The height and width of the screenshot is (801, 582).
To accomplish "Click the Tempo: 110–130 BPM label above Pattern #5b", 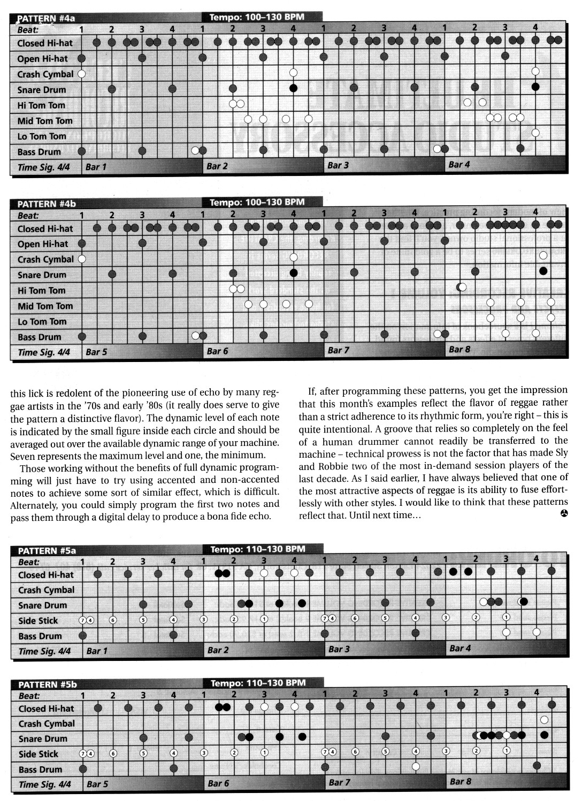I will pyautogui.click(x=258, y=682).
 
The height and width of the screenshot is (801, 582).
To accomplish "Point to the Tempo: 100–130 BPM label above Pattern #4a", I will pyautogui.click(x=257, y=17).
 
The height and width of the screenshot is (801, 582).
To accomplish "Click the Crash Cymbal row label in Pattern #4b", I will pyautogui.click(x=45, y=259).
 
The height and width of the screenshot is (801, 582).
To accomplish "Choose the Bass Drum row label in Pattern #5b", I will pyautogui.click(x=40, y=769).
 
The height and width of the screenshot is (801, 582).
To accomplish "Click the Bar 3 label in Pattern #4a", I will pyautogui.click(x=338, y=165).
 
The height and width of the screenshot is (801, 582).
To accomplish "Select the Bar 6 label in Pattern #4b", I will pyautogui.click(x=217, y=351).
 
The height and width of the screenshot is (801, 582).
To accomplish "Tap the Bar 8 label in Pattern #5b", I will pyautogui.click(x=460, y=781).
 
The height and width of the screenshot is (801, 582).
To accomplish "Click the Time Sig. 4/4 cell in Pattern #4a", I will pyautogui.click(x=44, y=167).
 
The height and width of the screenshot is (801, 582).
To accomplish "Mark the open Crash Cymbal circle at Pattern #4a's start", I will pyautogui.click(x=82, y=74).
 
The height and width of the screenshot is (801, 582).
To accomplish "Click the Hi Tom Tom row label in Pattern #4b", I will pyautogui.click(x=41, y=290).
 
